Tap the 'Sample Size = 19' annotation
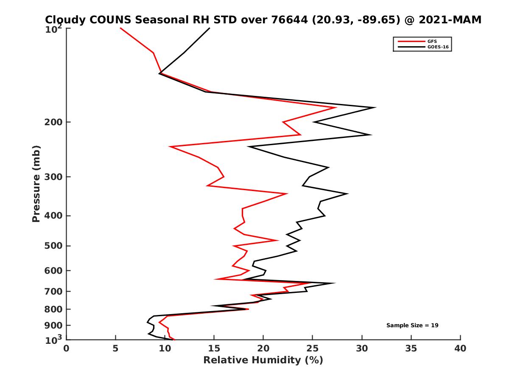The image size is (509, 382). pos(412,326)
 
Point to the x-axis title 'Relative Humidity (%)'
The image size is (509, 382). pos(263,360)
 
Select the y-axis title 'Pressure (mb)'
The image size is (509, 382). pos(36,183)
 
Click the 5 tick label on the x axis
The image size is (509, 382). pos(115,348)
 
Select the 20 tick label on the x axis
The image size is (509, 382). pos(263,348)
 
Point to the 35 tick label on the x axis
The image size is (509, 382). pos(411,348)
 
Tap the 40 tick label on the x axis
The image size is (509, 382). pos(460,348)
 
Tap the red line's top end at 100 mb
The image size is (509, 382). pos(120,28)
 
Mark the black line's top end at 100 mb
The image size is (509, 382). pos(210,28)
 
